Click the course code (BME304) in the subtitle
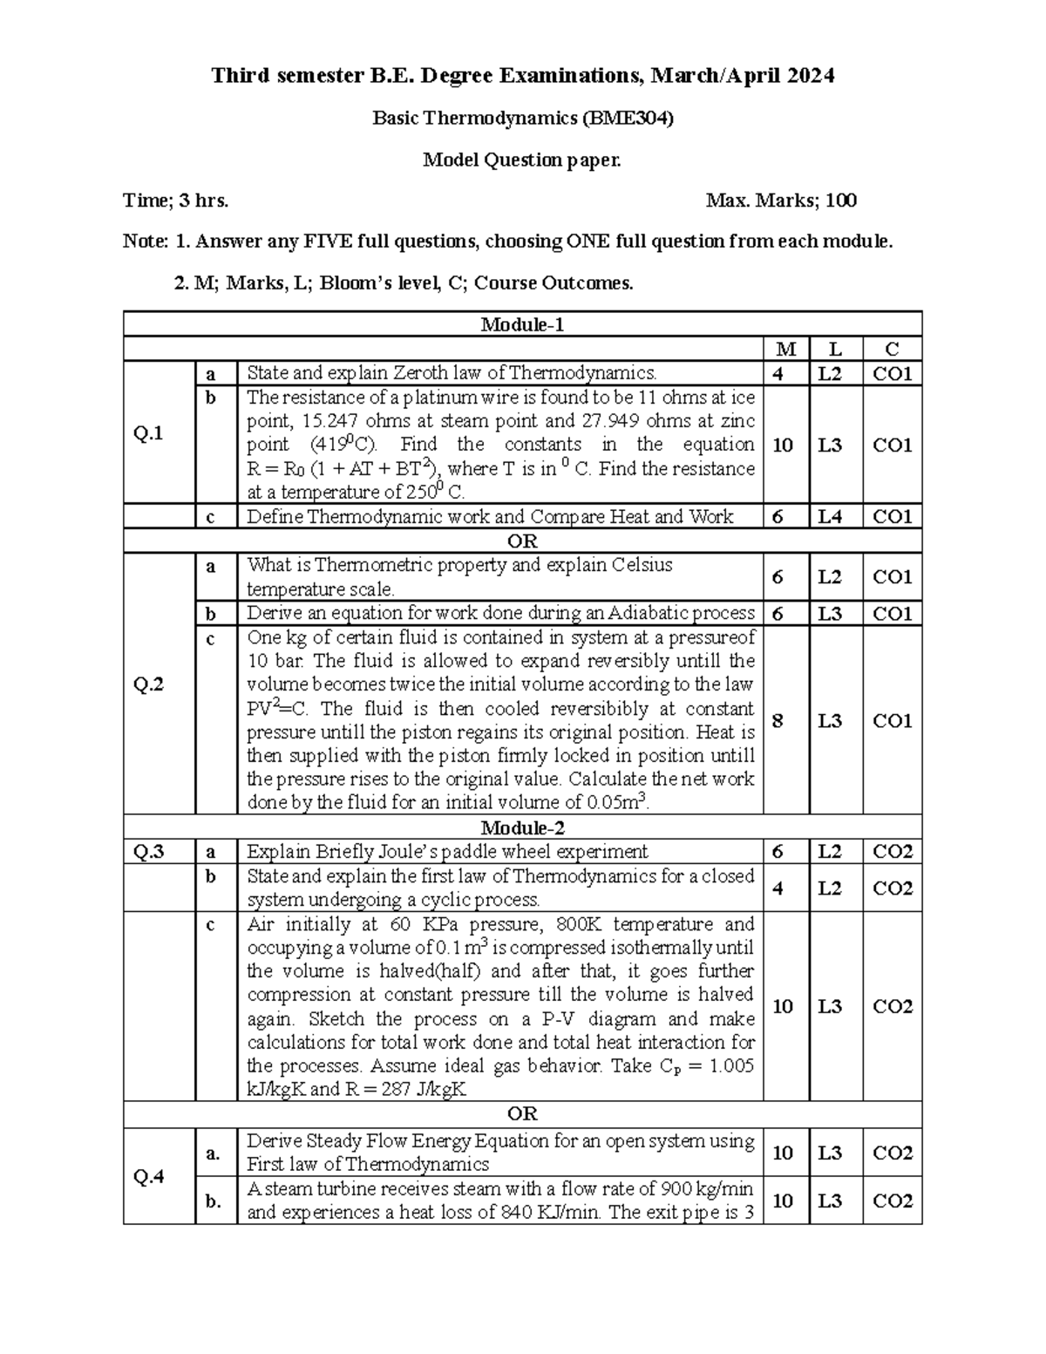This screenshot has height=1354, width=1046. (x=628, y=119)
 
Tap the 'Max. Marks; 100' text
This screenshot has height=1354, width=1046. (x=781, y=201)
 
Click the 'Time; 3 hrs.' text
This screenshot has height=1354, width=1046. (x=176, y=201)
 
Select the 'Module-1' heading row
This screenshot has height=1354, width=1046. (x=522, y=325)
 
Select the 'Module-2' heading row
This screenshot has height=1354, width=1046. (x=522, y=827)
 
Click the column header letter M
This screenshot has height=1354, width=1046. (x=785, y=350)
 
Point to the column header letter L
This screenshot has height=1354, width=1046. (x=835, y=350)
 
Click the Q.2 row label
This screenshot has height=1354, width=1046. (x=148, y=684)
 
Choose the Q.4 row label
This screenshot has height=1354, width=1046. (x=148, y=1177)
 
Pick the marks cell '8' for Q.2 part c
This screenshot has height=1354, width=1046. (x=778, y=721)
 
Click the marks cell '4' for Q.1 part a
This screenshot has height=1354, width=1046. (x=778, y=374)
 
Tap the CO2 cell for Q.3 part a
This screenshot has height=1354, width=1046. (x=893, y=852)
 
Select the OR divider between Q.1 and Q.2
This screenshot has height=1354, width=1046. (x=522, y=541)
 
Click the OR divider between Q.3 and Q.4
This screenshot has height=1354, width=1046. (x=522, y=1114)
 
